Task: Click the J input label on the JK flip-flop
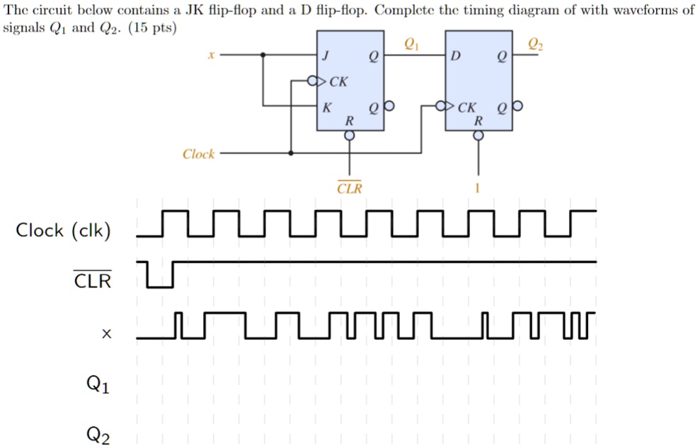coord(326,56)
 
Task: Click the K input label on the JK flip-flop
coord(326,108)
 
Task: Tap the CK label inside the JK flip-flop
coord(339,82)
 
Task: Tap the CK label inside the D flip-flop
coord(467,108)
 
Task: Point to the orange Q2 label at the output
coord(537,45)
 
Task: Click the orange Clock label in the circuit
coord(198,154)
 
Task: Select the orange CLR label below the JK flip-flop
coord(349,189)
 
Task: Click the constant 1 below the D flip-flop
coord(478,189)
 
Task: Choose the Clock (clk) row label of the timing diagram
coord(64,231)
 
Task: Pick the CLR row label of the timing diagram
coord(93,281)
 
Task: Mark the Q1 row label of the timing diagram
coord(98,385)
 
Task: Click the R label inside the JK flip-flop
coord(348,122)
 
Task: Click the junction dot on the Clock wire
coord(291,153)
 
